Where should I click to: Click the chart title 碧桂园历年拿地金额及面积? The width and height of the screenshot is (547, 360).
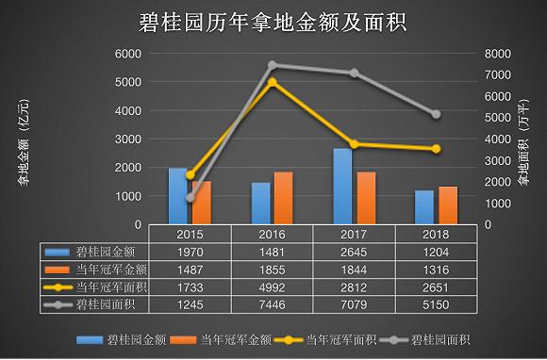pyautogui.click(x=273, y=20)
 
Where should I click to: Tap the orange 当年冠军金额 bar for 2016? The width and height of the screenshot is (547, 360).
pyautogui.click(x=283, y=198)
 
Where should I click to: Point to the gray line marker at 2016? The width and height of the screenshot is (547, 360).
pyautogui.click(x=272, y=65)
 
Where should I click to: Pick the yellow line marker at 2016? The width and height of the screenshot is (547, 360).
pyautogui.click(x=272, y=82)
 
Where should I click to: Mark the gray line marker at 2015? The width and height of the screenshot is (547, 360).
pyautogui.click(x=191, y=197)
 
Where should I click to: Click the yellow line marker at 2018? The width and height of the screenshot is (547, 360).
pyautogui.click(x=436, y=149)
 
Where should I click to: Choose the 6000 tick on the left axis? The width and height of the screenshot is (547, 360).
pyautogui.click(x=127, y=54)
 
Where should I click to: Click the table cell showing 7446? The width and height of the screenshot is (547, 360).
pyautogui.click(x=272, y=304)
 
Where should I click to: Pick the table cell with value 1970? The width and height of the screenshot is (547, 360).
pyautogui.click(x=191, y=252)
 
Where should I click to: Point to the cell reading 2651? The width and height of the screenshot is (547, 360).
pyautogui.click(x=436, y=286)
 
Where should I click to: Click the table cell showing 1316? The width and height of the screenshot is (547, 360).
pyautogui.click(x=436, y=270)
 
